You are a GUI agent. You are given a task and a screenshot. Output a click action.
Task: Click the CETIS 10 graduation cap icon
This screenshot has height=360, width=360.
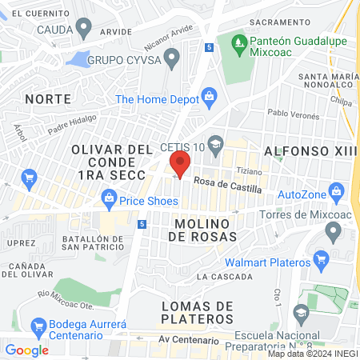[x=214, y=144]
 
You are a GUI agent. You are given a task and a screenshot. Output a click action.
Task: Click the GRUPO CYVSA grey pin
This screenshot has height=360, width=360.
[x=170, y=58]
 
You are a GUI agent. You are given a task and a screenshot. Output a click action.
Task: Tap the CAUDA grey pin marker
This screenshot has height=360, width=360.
[x=84, y=30]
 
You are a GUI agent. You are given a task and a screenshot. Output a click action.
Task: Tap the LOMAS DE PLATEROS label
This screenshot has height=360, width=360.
[x=196, y=313]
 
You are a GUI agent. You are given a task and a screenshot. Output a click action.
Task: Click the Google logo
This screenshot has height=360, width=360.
[x=26, y=350]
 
